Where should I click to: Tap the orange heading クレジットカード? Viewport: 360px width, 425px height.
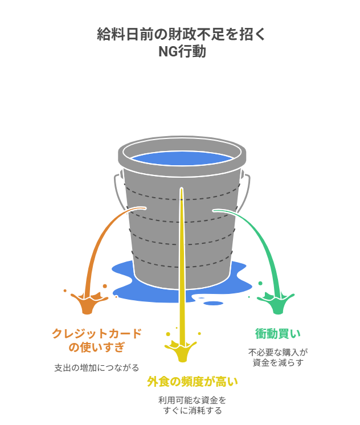click(x=97, y=333)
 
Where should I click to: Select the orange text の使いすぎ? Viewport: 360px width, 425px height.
click(x=97, y=347)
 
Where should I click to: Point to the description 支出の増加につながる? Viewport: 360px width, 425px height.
click(x=97, y=368)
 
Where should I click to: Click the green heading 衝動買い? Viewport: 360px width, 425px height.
click(x=277, y=333)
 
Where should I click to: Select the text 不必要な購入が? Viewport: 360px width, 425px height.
click(x=277, y=352)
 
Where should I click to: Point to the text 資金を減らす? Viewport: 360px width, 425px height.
click(x=277, y=362)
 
